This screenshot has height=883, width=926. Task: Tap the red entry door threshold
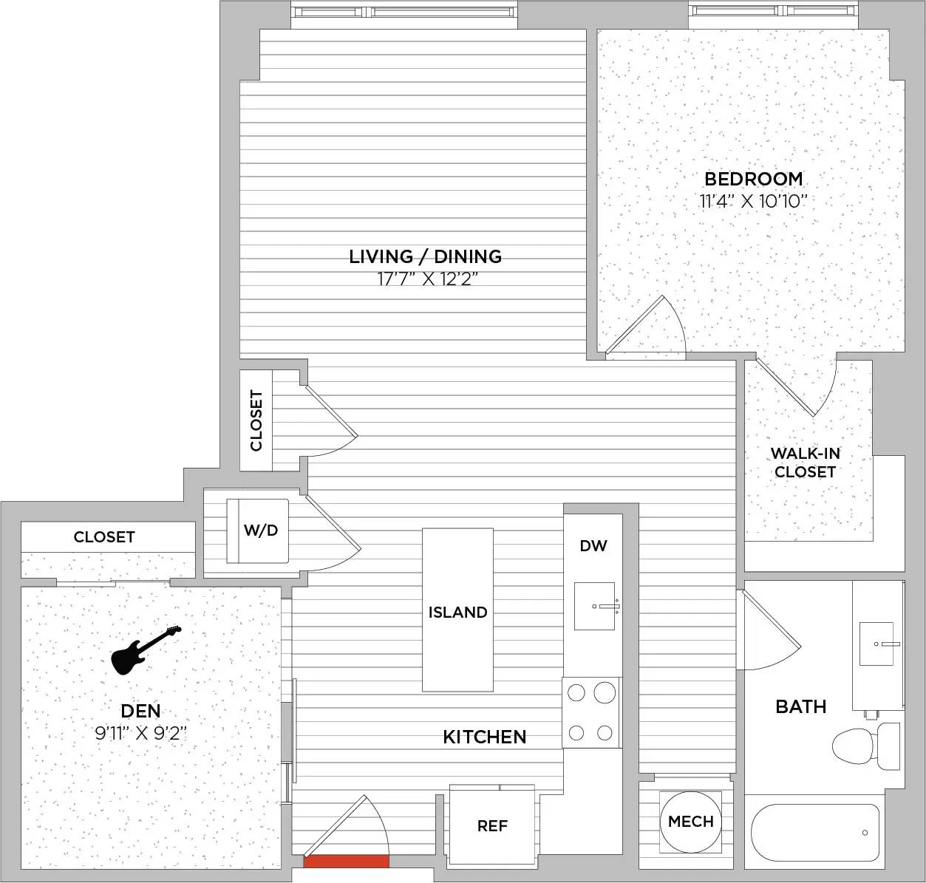346,862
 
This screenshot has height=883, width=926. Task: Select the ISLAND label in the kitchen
457,613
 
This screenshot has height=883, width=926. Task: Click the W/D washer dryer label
261,531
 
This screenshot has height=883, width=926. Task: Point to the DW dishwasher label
593,546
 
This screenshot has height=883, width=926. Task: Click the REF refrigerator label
492,826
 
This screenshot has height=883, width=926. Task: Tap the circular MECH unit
690,822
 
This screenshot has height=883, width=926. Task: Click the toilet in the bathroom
865,746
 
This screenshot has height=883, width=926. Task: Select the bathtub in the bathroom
815,833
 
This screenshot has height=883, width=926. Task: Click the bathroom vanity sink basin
876,644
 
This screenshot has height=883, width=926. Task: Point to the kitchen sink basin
594,606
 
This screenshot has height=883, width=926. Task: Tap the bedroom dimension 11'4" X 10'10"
754,202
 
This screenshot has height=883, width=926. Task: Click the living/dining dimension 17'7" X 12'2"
425,280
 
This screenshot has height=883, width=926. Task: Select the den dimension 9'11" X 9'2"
141,733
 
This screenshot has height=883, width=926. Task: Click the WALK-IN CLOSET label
805,463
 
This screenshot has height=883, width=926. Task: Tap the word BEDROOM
754,179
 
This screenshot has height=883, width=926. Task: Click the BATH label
800,707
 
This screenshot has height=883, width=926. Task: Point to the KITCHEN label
485,737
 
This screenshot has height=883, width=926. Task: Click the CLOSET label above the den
104,537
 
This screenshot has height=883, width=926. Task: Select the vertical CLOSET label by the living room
256,420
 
